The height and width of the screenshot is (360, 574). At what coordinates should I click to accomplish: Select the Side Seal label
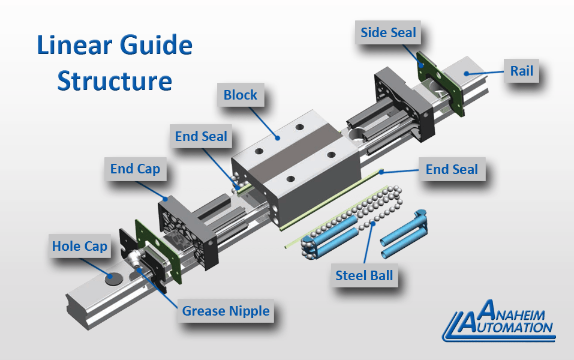click(x=388, y=32)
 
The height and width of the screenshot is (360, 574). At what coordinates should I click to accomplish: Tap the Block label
click(x=240, y=95)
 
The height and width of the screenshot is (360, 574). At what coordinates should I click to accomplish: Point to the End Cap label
click(x=135, y=169)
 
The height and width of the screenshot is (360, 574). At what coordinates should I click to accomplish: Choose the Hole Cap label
click(x=79, y=246)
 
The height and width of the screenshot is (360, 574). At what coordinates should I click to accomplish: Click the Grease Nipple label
click(x=226, y=311)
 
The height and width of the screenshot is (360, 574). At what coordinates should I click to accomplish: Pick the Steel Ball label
click(x=364, y=275)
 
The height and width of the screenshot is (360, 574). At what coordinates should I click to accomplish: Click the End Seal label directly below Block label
click(x=201, y=137)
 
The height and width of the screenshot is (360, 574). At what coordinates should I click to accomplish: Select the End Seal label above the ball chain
click(x=452, y=169)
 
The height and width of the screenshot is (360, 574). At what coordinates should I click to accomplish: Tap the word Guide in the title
click(x=158, y=46)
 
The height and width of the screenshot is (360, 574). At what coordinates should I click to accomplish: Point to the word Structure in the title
click(x=115, y=81)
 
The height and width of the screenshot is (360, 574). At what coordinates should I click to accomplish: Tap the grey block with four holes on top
click(x=294, y=156)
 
